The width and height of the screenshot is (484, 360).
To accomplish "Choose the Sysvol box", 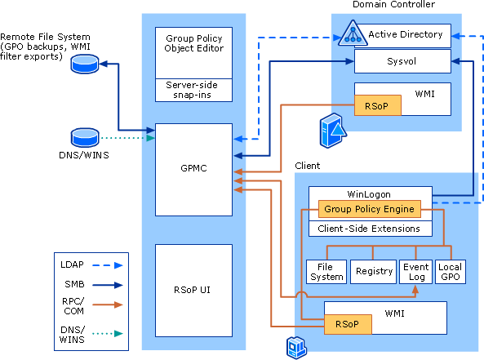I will click(x=402, y=61).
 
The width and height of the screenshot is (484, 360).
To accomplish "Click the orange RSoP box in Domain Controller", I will click(x=377, y=105).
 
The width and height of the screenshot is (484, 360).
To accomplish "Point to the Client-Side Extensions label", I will click(x=369, y=229).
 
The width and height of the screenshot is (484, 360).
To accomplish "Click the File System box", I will click(x=326, y=271).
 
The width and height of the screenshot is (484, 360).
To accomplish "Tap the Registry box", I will click(x=372, y=271).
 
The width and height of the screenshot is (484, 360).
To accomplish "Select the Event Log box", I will click(x=415, y=271).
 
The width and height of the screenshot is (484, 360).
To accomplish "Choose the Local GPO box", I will click(x=450, y=271).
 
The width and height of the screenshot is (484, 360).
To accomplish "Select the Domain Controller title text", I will click(x=393, y=5).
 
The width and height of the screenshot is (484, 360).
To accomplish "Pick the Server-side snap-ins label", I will click(x=194, y=90).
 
